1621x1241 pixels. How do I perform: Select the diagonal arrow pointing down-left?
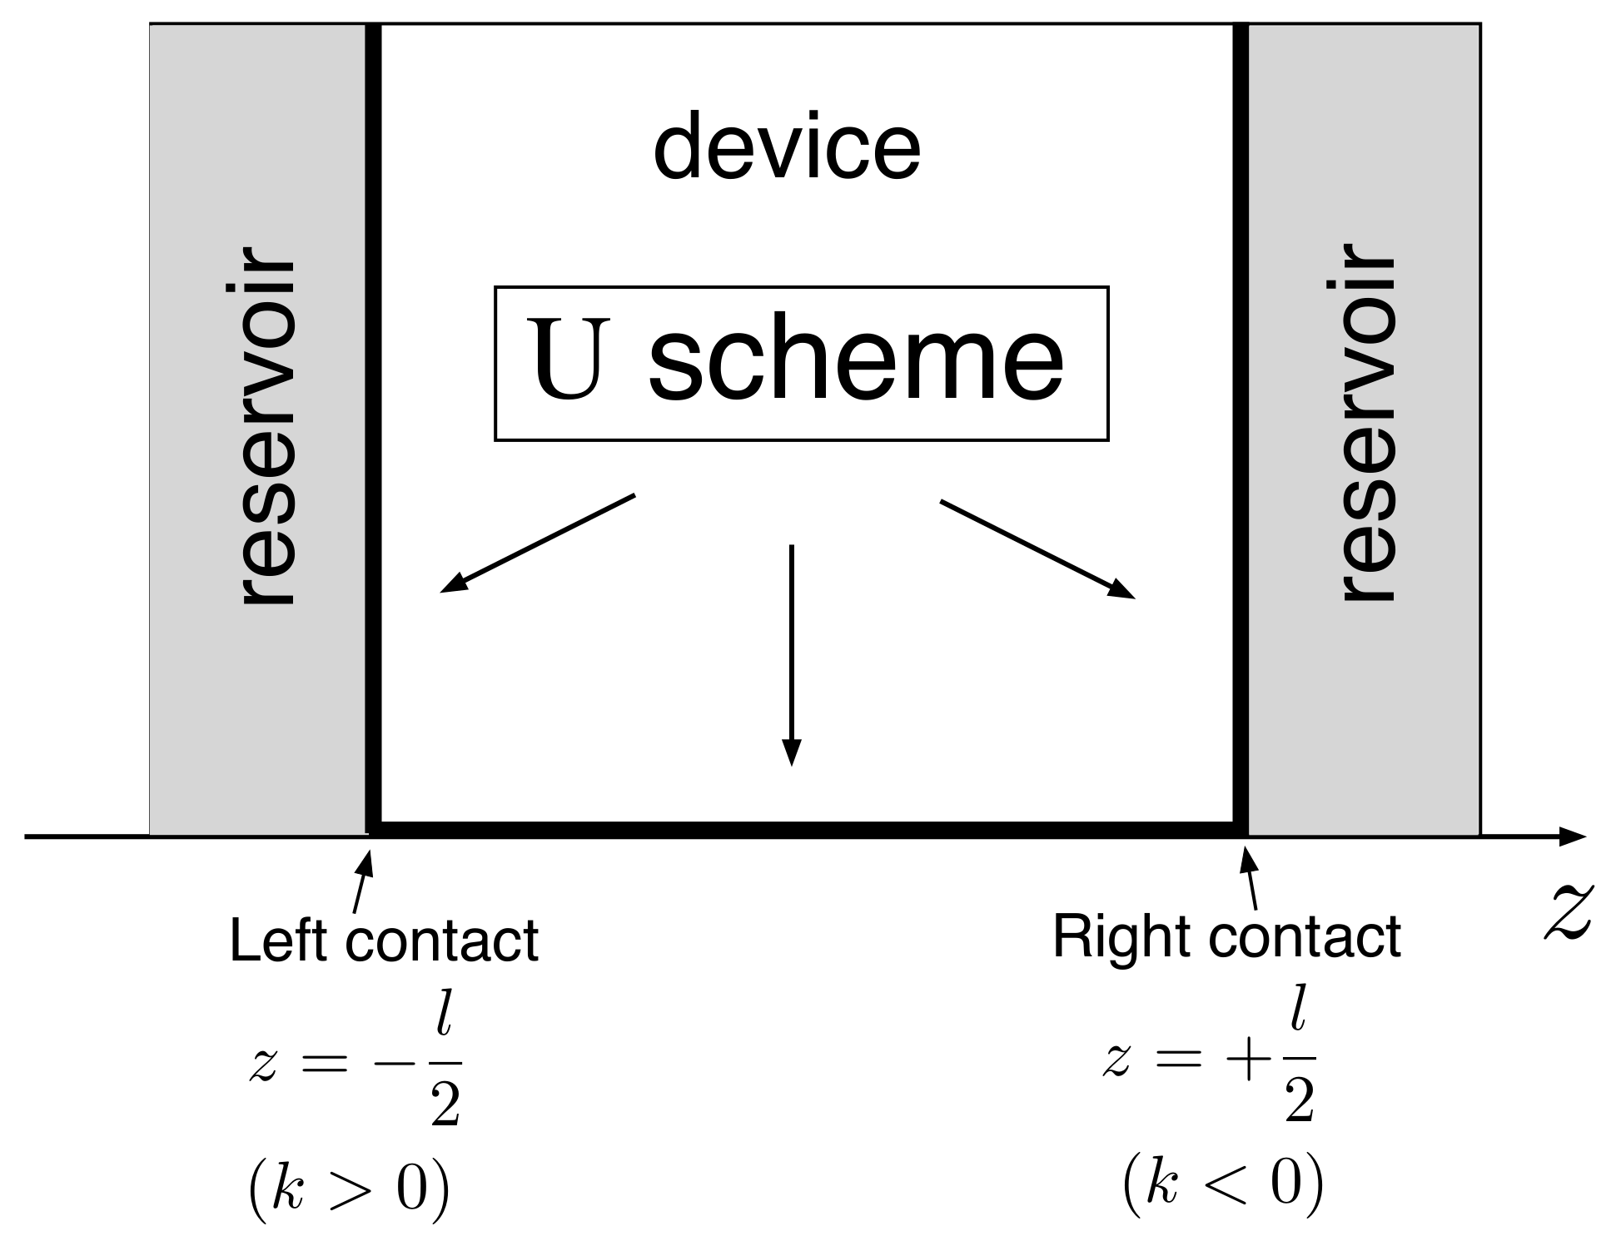coord(537,544)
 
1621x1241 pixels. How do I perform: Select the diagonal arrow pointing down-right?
coord(1037,549)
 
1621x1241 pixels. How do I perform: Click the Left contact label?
coord(384,941)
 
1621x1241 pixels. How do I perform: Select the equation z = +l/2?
coord(1211,1064)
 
